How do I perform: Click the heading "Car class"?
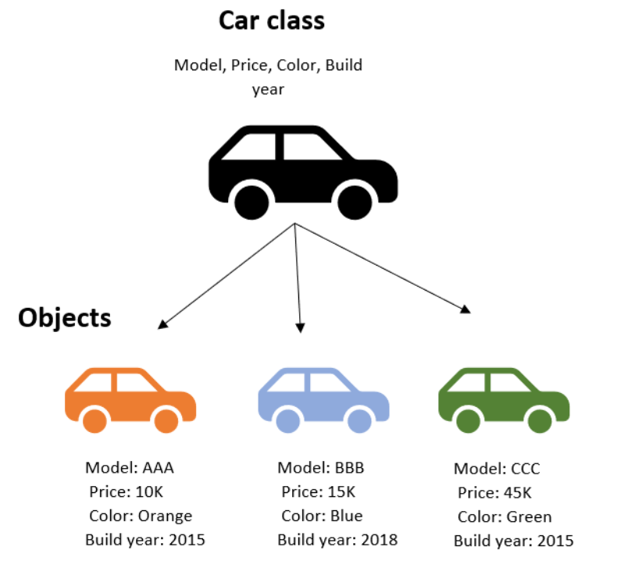pos(271,20)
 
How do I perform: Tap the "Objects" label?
pos(65,318)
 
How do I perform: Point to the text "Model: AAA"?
pos(129,468)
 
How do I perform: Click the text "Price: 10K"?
pos(127,491)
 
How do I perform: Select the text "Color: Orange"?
pos(141,516)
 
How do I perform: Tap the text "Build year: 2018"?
pos(337,540)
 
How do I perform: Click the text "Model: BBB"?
pos(321,468)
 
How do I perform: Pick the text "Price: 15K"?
pos(319,491)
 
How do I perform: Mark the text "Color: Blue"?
pos(323,516)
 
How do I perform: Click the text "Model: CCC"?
pos(497,469)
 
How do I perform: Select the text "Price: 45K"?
pos(495,492)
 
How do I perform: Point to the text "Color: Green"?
pos(505,516)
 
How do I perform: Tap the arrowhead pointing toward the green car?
pos(465,309)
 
